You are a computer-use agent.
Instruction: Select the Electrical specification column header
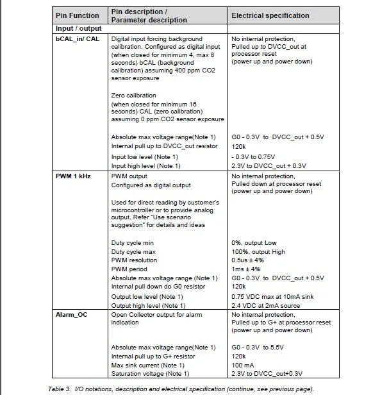pyautogui.click(x=270, y=15)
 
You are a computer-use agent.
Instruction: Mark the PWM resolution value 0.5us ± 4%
pyautogui.click(x=252, y=261)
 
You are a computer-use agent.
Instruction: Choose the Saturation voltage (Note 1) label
pyautogui.click(x=151, y=374)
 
